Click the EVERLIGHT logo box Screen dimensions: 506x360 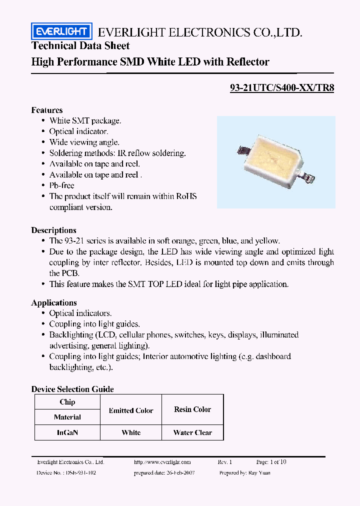(x=61, y=32)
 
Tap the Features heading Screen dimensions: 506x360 (x=47, y=110)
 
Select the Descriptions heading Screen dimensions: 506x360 (x=54, y=230)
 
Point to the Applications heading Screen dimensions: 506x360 (x=54, y=302)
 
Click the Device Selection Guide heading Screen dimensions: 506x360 (x=72, y=389)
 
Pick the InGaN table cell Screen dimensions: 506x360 (x=67, y=432)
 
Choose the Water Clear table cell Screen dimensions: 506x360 (x=192, y=432)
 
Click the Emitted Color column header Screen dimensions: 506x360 (x=131, y=410)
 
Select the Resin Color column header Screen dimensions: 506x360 (x=192, y=409)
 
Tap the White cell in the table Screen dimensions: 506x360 (x=131, y=432)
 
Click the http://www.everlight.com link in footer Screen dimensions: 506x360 (x=162, y=462)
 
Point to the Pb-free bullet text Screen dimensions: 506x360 (x=61, y=185)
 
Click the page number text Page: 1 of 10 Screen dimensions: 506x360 (x=271, y=462)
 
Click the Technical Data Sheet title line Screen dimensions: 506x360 (x=80, y=46)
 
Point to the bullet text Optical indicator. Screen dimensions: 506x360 (x=78, y=131)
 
